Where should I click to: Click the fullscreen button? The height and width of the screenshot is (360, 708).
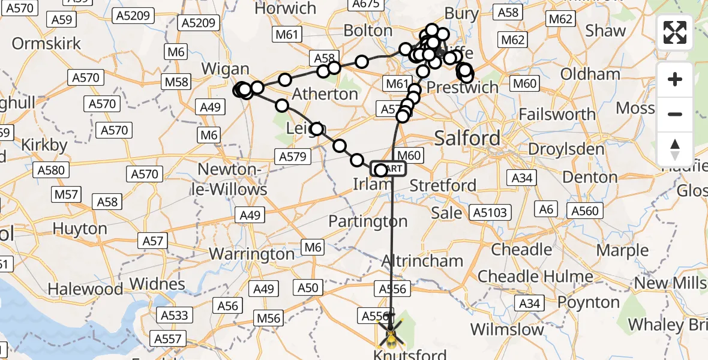[675, 32]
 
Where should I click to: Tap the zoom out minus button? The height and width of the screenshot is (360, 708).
[675, 114]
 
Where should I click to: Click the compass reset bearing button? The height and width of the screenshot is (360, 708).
[675, 149]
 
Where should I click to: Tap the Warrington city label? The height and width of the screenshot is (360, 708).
[251, 253]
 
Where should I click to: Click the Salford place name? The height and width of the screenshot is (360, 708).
[467, 139]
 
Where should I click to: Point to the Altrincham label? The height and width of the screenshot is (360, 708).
[422, 261]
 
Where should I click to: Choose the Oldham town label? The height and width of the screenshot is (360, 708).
[590, 75]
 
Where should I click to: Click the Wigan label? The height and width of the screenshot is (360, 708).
[225, 69]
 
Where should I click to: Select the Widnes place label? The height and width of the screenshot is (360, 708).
[157, 283]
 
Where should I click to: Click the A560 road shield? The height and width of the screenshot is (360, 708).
[585, 211]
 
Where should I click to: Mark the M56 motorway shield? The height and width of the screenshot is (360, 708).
[268, 319]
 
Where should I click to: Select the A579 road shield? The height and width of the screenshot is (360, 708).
[292, 157]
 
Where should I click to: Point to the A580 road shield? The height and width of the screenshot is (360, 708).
[50, 170]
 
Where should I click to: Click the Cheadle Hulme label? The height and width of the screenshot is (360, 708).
[535, 277]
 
